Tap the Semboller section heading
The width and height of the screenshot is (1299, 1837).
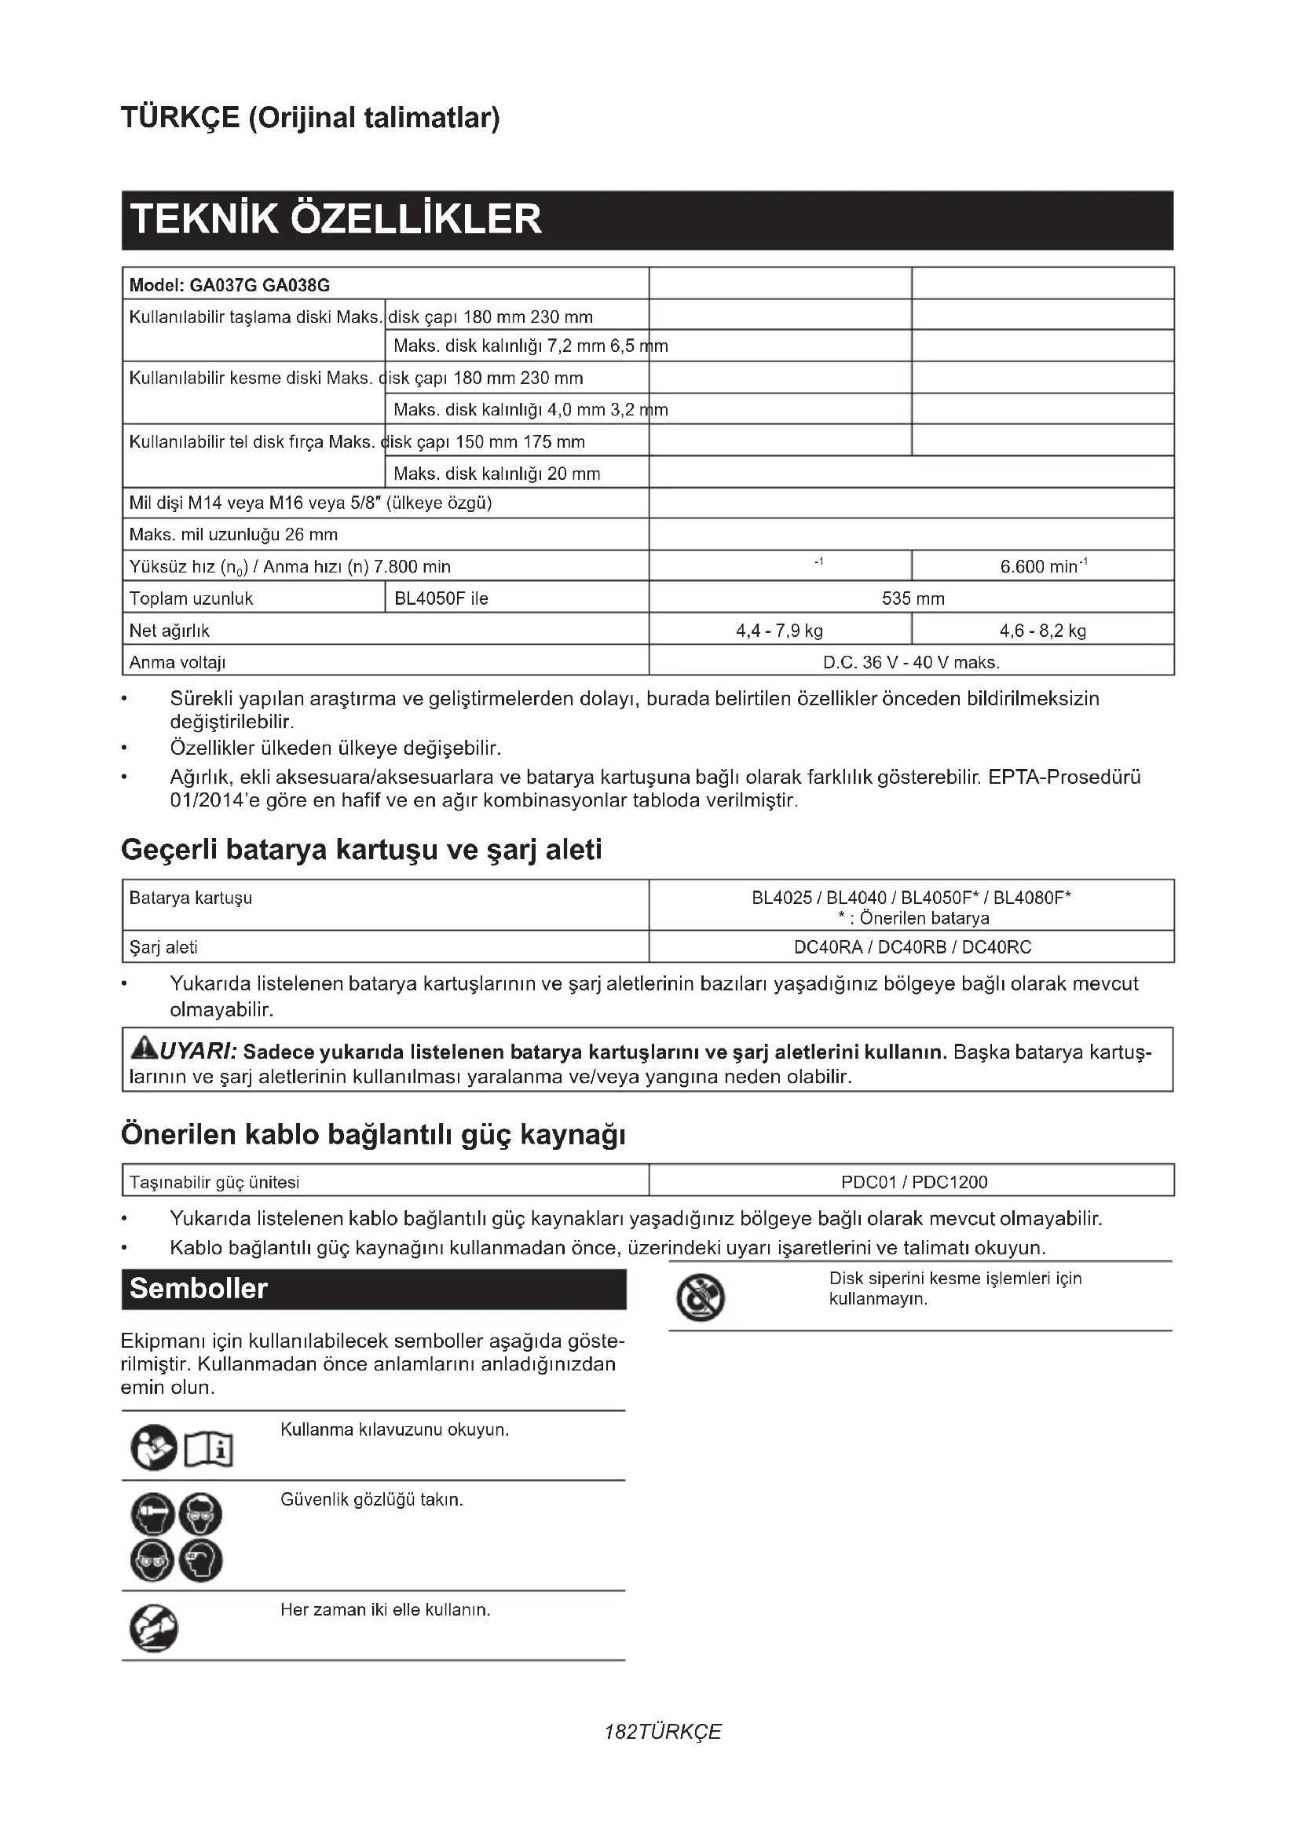point(199,1289)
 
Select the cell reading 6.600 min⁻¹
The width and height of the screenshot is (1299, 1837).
point(1042,566)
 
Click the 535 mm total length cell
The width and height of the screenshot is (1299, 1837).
point(912,598)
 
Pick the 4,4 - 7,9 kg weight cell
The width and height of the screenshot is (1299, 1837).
point(779,631)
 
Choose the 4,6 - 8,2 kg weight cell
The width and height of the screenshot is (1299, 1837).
point(1042,631)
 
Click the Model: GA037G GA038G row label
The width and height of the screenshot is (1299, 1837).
point(229,286)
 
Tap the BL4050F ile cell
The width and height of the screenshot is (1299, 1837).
point(441,598)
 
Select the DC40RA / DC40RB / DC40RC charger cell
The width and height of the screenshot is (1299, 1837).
point(912,947)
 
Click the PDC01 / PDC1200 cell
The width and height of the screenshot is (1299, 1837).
point(913,1182)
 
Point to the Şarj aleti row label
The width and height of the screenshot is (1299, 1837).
point(163,947)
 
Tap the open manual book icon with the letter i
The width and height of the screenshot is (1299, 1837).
point(209,1450)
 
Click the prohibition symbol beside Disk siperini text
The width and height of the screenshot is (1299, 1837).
point(701,1297)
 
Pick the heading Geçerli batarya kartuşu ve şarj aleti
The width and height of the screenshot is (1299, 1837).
point(360,850)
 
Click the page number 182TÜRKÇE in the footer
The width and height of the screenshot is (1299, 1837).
point(663,1733)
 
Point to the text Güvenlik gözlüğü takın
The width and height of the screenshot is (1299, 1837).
point(372,1499)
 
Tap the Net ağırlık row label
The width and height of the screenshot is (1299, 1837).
point(170,631)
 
